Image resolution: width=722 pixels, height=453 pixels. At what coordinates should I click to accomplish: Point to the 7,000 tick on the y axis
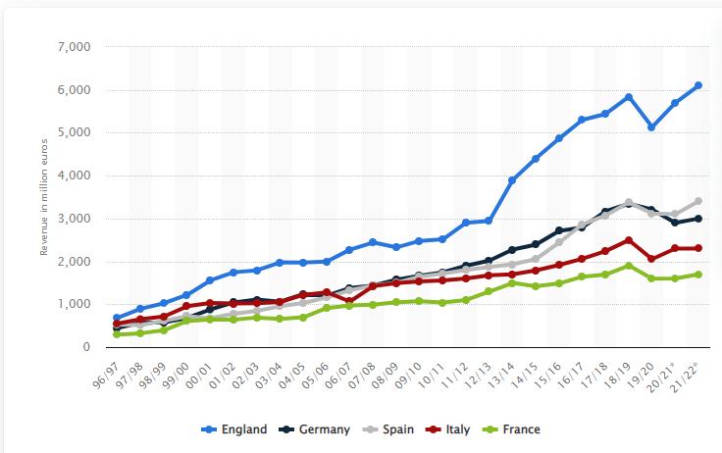point(75,47)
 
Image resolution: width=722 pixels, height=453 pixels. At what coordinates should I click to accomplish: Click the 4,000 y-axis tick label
point(75,176)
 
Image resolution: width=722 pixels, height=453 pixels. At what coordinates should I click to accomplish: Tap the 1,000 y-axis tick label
point(75,305)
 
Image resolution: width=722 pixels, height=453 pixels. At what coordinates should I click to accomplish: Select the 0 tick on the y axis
point(86,348)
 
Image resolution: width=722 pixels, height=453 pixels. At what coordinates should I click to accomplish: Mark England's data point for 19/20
point(651,127)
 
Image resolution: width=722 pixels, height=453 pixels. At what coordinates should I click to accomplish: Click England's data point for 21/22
point(697,85)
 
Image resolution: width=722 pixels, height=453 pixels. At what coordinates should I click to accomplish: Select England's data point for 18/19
point(628,97)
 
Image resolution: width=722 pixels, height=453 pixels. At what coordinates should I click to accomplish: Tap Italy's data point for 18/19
point(628,240)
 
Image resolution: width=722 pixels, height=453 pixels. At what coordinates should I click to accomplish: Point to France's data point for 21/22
point(697,275)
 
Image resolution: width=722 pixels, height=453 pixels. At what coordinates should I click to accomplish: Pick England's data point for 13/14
point(512,180)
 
